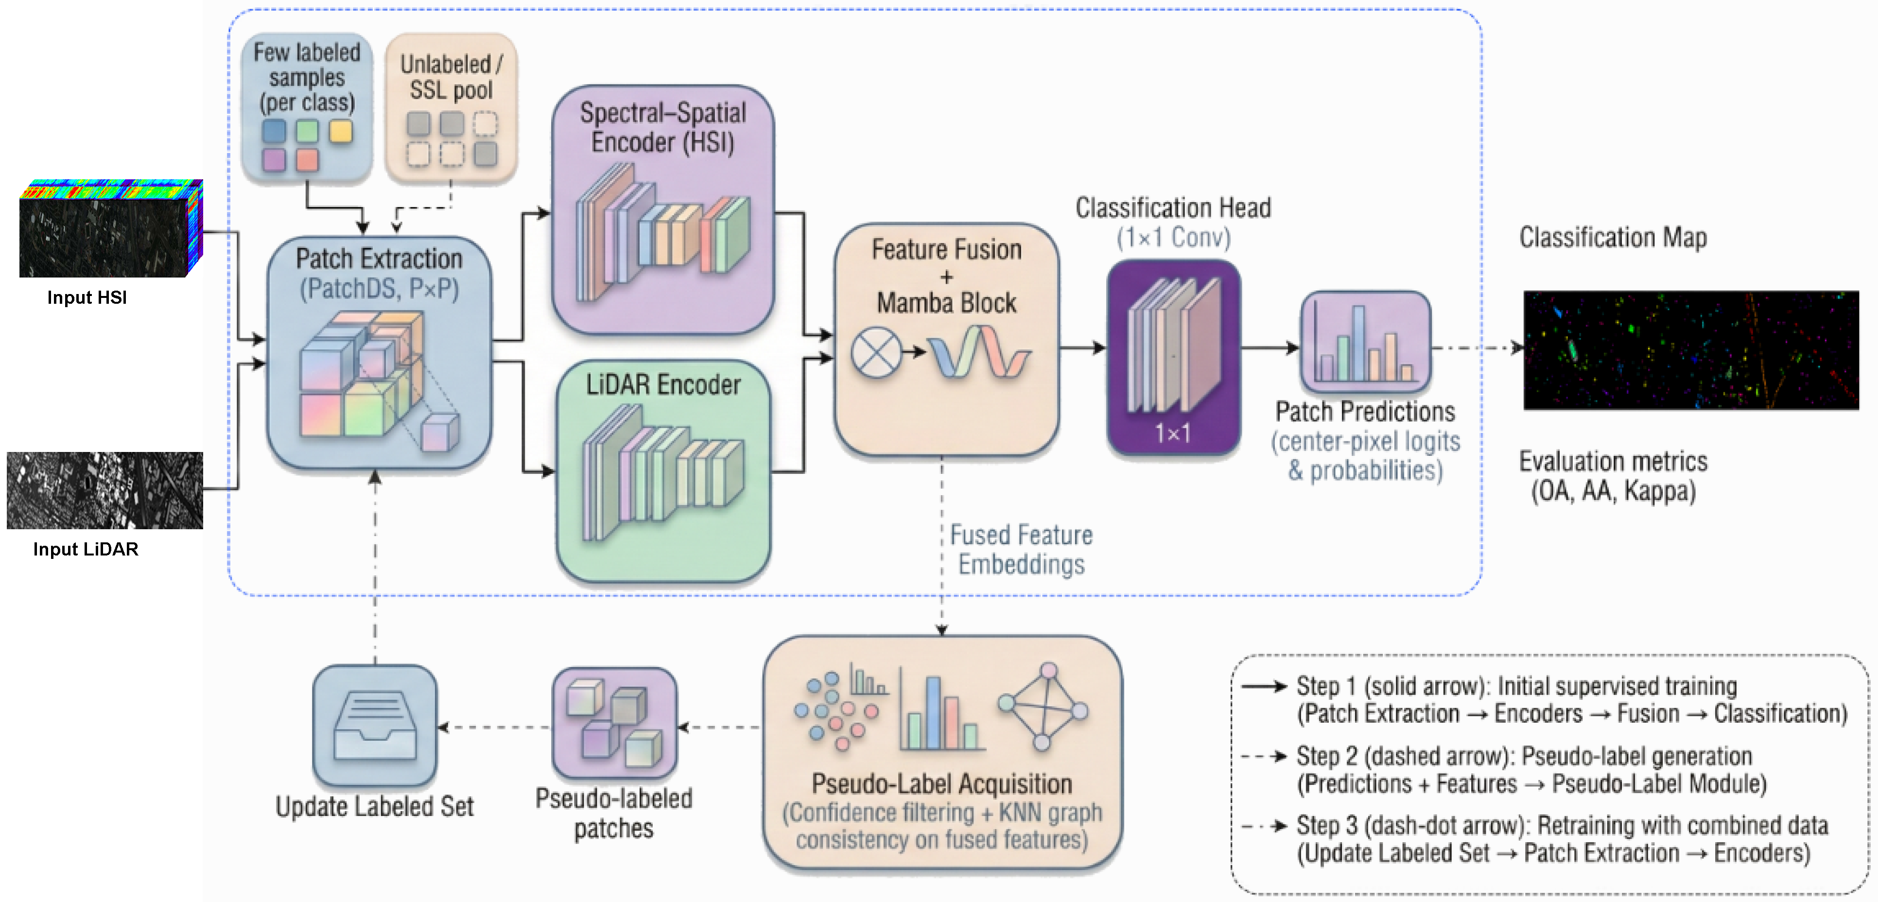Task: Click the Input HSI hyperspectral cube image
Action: tap(109, 229)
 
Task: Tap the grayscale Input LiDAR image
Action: tap(105, 490)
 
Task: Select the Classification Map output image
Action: tap(1690, 350)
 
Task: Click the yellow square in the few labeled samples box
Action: tap(340, 132)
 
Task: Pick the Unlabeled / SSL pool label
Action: tap(451, 77)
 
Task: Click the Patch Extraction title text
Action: tap(379, 259)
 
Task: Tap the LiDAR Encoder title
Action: tap(663, 385)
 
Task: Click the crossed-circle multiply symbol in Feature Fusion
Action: tap(876, 352)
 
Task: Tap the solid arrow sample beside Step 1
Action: tap(1264, 687)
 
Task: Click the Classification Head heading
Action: tap(1173, 208)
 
